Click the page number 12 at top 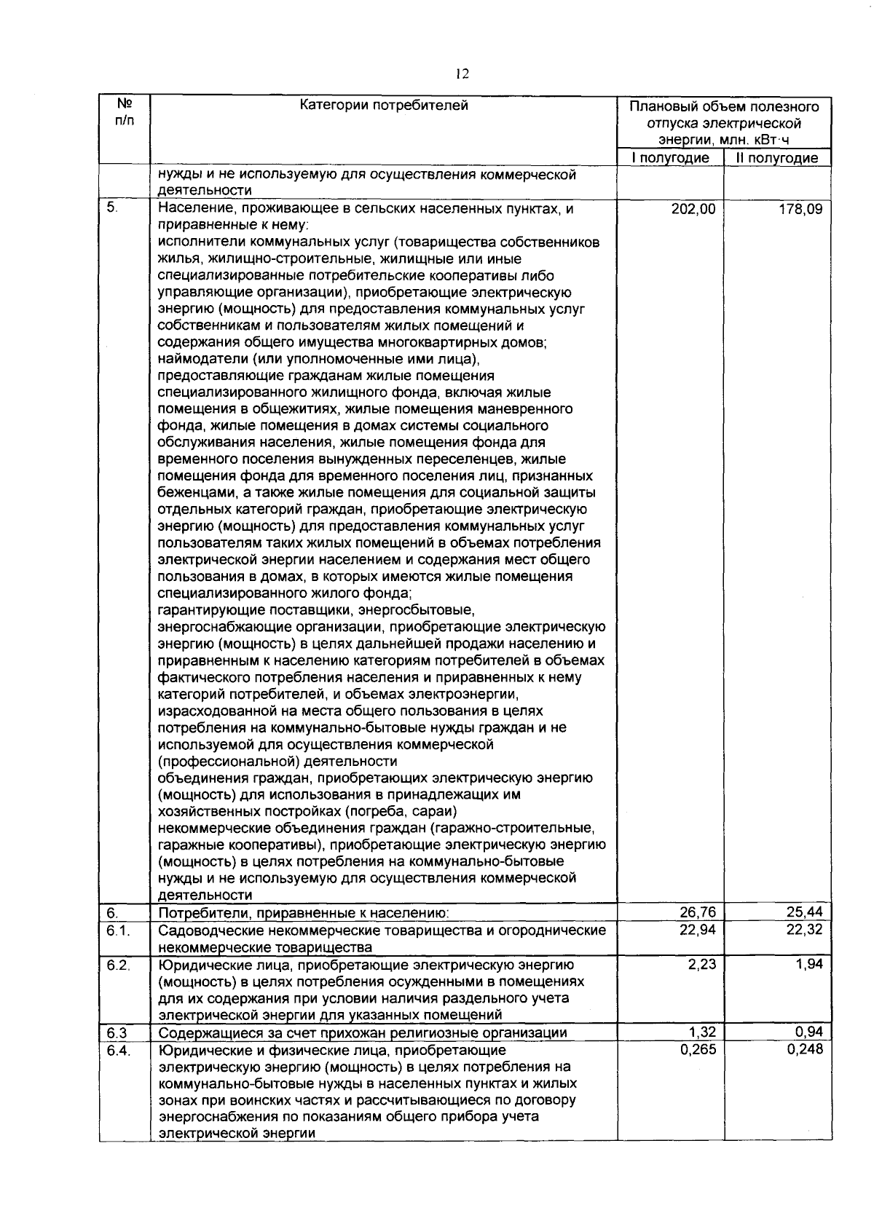(462, 74)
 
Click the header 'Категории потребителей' (384, 106)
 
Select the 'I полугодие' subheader (670, 158)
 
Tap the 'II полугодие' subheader (777, 158)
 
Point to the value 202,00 (693, 210)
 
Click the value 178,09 (800, 210)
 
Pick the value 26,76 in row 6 (697, 912)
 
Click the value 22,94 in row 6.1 (697, 930)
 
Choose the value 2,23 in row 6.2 (701, 965)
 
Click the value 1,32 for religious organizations (702, 1032)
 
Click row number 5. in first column (111, 208)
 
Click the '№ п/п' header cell (124, 112)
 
